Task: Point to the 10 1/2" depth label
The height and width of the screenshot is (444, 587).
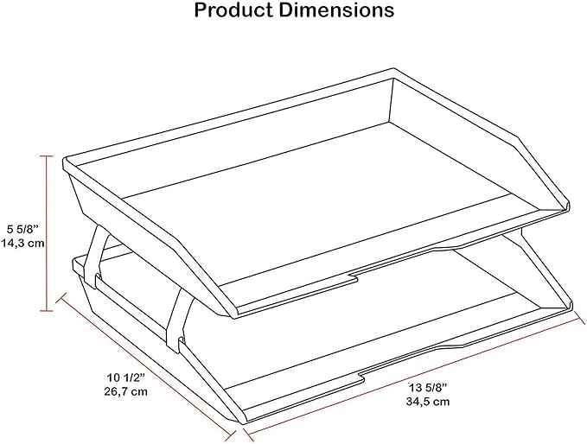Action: tap(126, 377)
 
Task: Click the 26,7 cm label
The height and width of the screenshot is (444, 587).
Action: tap(126, 391)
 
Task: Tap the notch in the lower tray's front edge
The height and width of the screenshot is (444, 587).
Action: tap(360, 377)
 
